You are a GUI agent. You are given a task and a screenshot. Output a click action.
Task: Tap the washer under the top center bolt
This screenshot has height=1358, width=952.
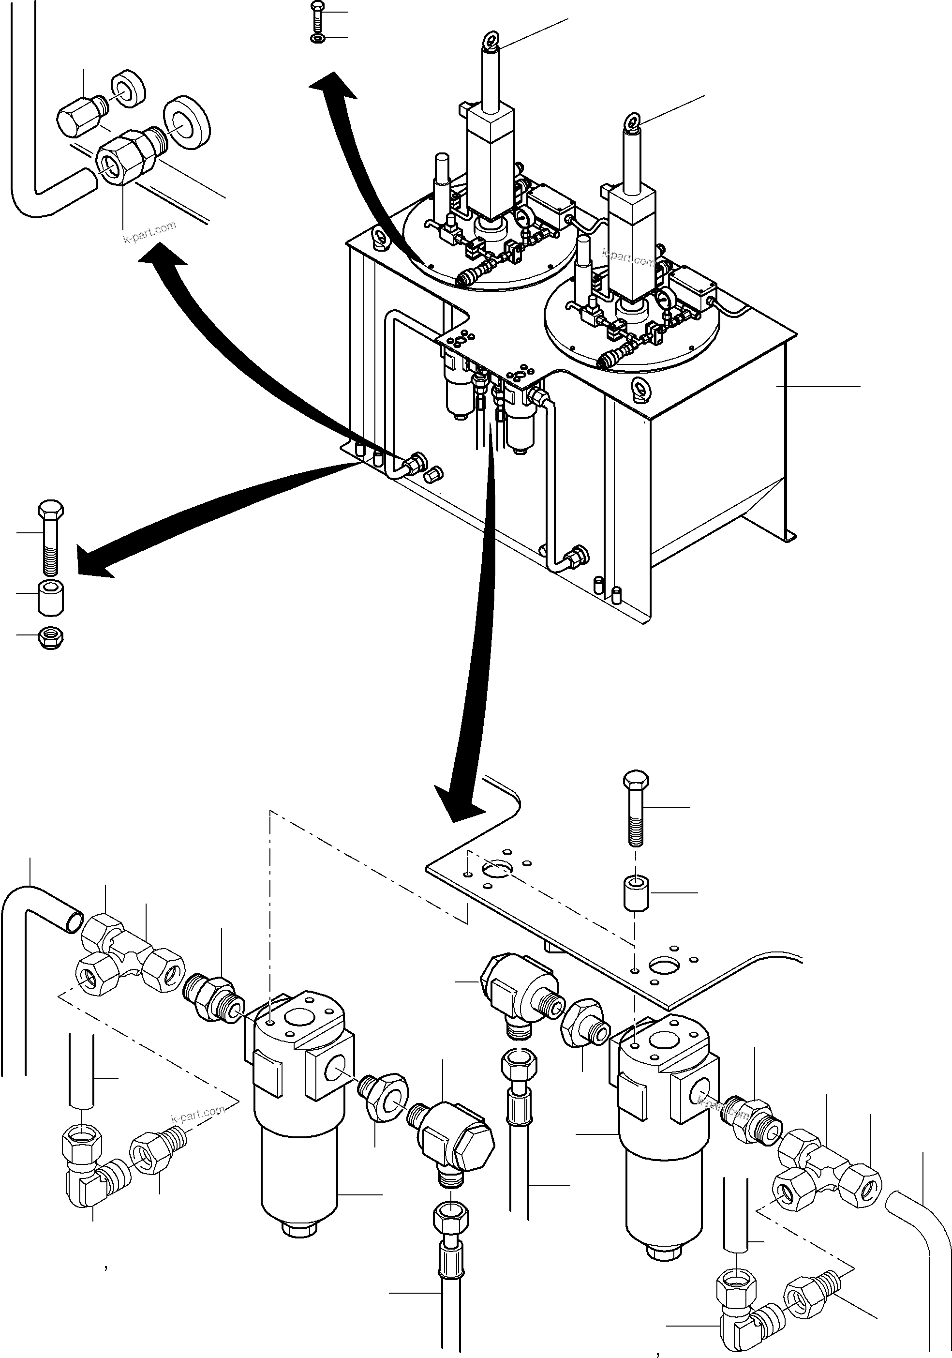tap(317, 38)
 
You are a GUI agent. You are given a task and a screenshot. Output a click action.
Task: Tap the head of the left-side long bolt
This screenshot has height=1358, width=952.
tap(51, 510)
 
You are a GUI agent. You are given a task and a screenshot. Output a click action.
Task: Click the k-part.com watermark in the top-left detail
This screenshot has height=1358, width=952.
tap(149, 232)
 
